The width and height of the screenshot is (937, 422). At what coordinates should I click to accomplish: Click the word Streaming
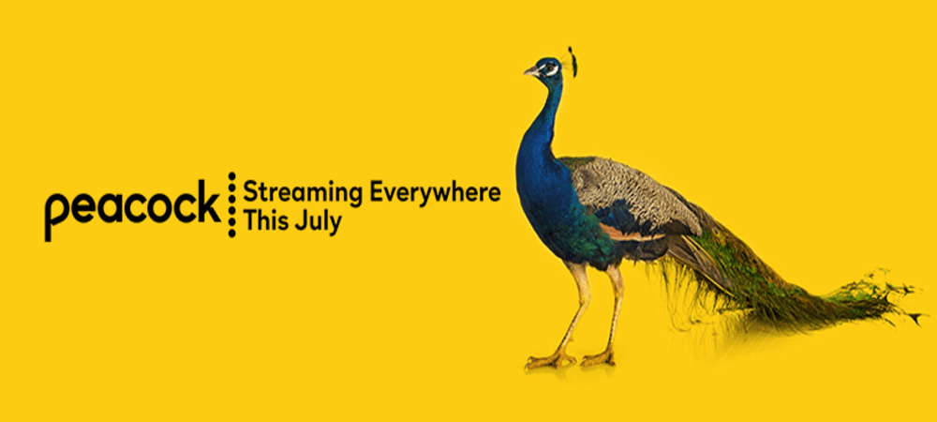point(304,194)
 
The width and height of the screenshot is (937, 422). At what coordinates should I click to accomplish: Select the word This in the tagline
point(265,221)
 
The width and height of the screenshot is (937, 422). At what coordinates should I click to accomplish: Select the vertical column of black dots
point(231,204)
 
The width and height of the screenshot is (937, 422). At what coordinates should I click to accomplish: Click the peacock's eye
point(549,68)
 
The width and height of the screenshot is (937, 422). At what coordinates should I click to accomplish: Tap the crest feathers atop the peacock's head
point(572,61)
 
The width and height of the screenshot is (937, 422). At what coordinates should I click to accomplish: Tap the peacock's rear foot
point(598,358)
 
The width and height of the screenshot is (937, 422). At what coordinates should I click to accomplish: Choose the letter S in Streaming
point(250,193)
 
